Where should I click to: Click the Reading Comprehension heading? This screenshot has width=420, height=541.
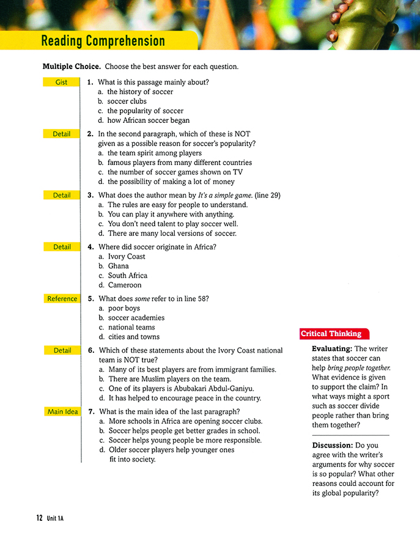(x=103, y=41)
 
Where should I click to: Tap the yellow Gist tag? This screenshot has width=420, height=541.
(x=61, y=82)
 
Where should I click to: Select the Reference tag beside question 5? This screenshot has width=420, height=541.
(x=62, y=299)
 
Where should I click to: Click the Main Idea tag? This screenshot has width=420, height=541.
(x=62, y=411)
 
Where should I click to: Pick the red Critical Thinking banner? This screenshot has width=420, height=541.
(x=331, y=334)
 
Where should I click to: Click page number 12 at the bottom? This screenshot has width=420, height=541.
(x=39, y=518)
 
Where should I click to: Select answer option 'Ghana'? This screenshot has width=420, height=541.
(x=118, y=266)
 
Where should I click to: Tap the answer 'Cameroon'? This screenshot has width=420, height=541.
(x=125, y=285)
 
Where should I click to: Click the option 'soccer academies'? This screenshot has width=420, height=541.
(x=136, y=318)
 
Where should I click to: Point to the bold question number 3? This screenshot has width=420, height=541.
(x=90, y=195)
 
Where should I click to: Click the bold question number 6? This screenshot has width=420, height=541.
(x=90, y=350)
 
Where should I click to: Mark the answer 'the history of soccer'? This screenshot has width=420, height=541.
(x=140, y=92)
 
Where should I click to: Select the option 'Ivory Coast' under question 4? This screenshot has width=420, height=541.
(x=127, y=257)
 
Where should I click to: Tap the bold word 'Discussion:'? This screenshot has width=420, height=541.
(x=334, y=445)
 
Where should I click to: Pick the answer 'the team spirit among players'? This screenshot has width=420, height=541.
(x=154, y=153)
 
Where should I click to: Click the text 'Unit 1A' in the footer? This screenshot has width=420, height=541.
(x=55, y=518)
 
